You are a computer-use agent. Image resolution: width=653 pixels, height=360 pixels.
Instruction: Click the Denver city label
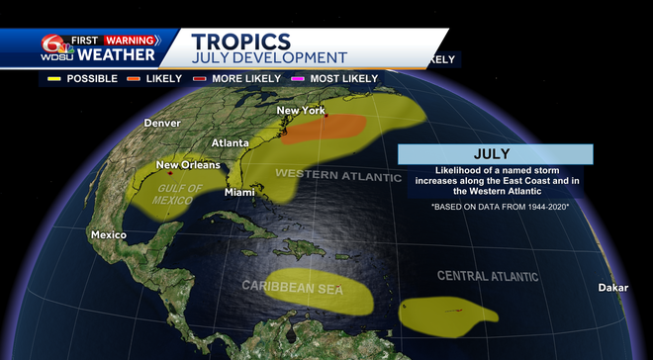(x=162, y=123)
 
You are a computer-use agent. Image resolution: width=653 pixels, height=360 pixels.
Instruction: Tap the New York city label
(x=300, y=110)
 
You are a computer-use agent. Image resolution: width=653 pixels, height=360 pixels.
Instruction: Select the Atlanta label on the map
(x=230, y=142)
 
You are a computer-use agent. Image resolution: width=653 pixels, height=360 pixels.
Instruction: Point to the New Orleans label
(x=187, y=165)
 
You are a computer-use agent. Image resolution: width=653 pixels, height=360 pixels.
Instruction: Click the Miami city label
(x=239, y=192)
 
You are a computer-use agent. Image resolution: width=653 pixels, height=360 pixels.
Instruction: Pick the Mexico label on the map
(x=109, y=234)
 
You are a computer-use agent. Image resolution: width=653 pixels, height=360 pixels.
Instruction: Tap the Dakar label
(x=612, y=288)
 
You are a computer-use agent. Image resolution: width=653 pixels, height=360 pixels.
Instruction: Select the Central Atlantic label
(x=488, y=275)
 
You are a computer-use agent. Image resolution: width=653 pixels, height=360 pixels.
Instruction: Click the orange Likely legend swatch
(x=135, y=78)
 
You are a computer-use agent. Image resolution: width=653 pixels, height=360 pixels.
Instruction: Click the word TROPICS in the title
(x=241, y=42)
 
